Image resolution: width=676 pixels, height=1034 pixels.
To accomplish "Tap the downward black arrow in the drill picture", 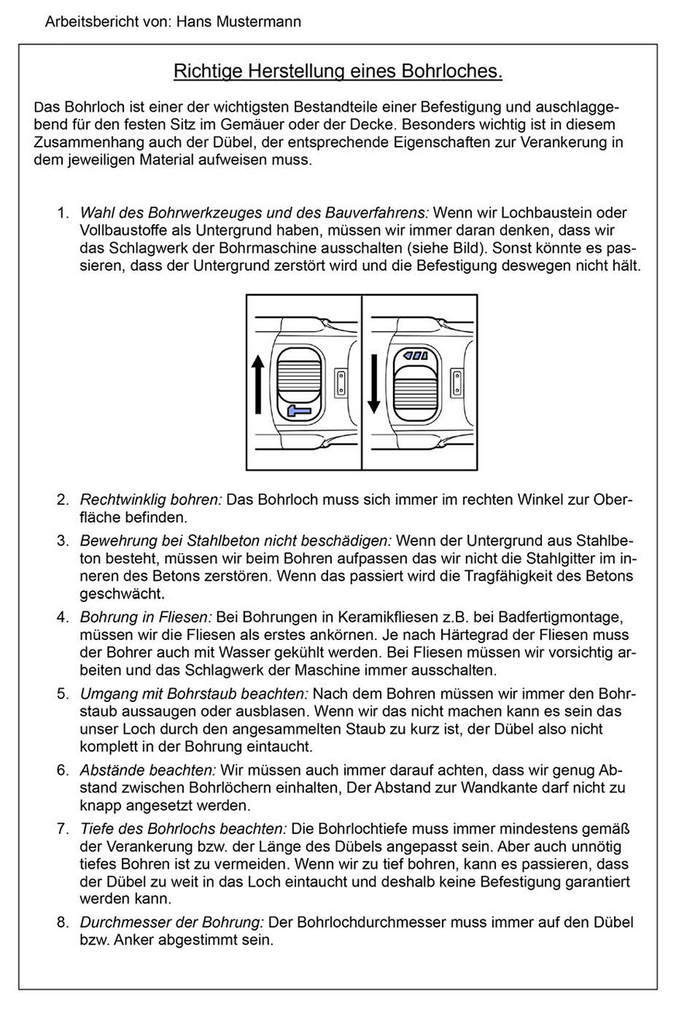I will point(373,382).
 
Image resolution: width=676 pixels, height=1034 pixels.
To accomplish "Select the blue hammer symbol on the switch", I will point(299,410).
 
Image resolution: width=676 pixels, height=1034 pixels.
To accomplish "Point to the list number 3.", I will point(62,540).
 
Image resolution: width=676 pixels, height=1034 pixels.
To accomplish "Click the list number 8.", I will point(62,923).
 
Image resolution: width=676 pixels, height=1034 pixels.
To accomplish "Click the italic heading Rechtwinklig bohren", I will point(150,500).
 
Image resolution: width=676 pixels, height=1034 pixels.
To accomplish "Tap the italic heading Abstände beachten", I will point(148,770).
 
